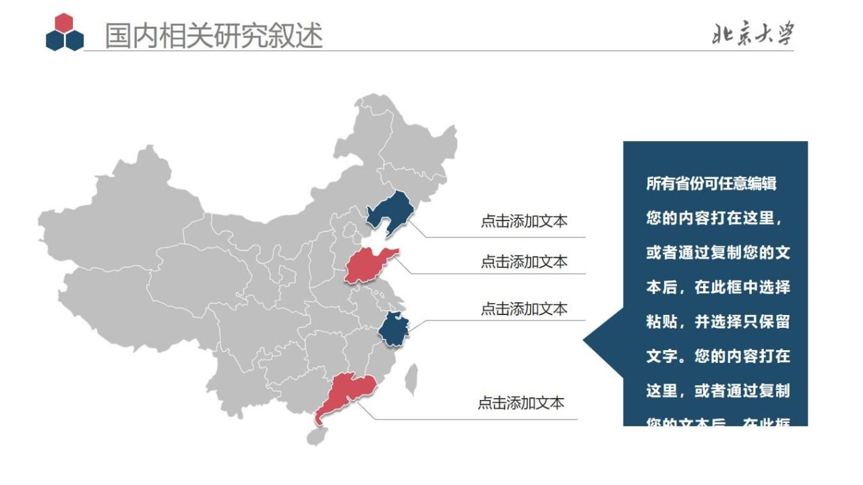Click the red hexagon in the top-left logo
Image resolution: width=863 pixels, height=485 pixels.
coord(64,23)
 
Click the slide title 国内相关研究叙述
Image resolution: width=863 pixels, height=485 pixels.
coord(214,36)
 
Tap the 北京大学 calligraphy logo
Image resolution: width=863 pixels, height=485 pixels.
coord(753,34)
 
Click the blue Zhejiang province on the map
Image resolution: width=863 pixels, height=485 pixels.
coord(393,330)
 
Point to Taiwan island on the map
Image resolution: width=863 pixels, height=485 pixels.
coord(411,379)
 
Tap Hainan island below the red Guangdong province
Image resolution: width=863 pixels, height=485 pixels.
coord(314,436)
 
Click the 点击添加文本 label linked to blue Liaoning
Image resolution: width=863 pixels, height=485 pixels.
coord(524,221)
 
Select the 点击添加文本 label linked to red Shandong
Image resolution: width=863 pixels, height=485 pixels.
coord(524,262)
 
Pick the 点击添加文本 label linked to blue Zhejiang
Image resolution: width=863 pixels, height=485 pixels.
coord(524,309)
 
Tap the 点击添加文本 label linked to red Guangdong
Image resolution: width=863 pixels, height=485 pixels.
coord(521,403)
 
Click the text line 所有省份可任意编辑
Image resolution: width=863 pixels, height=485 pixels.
coord(711,183)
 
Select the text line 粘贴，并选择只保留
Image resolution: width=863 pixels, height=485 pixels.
coord(717,322)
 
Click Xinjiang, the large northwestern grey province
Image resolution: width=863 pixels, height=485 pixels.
coord(115,216)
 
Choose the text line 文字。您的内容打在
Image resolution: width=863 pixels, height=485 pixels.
coord(717,356)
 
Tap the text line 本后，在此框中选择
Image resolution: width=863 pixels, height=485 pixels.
coord(717,287)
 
